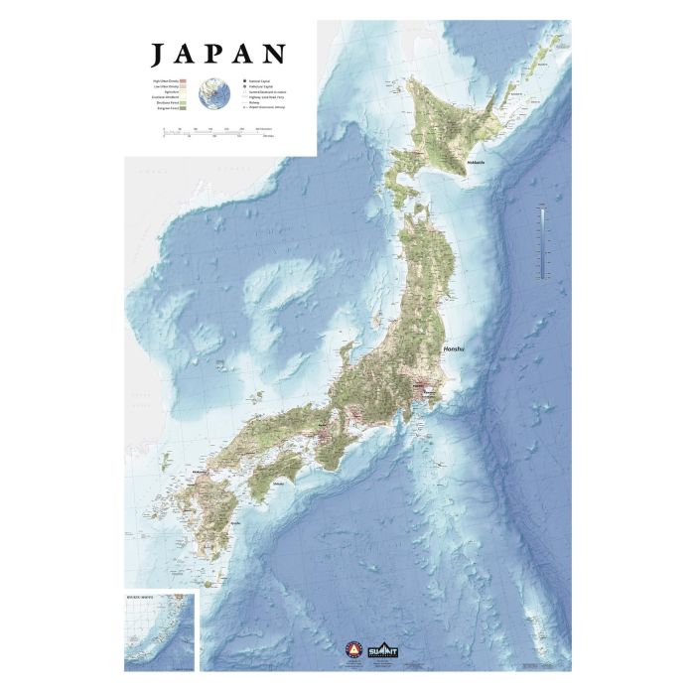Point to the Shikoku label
[281, 484]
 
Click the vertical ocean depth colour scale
[544, 240]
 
